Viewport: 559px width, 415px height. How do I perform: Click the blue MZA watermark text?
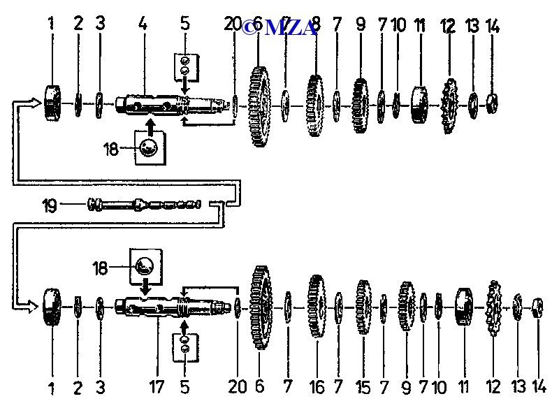pos(279,27)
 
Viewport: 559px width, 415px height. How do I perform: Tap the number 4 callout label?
pos(143,24)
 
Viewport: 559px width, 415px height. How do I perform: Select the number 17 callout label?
pos(157,387)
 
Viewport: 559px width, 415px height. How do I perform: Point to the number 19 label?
pos(50,205)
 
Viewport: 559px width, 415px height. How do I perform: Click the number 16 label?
pos(317,387)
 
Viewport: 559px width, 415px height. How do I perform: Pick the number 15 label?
pos(363,387)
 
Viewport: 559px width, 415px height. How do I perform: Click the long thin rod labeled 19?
pos(144,205)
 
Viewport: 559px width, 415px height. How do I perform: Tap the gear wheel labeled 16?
pos(317,307)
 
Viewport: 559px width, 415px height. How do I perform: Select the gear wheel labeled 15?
pos(363,307)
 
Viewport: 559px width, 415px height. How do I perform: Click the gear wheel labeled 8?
pos(315,105)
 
